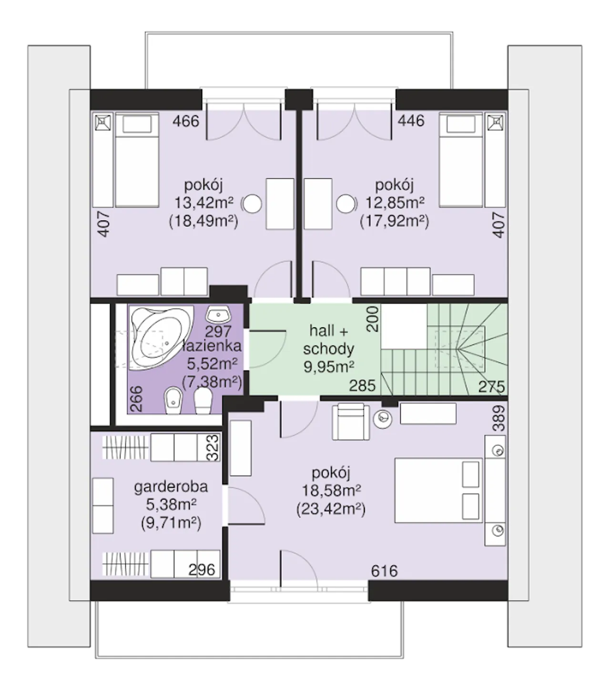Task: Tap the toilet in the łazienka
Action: (203, 401)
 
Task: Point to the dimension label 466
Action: (186, 121)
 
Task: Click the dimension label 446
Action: (411, 121)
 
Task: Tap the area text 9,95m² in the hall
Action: (329, 367)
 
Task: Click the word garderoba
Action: (171, 487)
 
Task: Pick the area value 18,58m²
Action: (331, 491)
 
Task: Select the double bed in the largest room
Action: (439, 490)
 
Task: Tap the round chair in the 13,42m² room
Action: (253, 204)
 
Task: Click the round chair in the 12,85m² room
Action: (346, 204)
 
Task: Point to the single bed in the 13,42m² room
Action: (137, 160)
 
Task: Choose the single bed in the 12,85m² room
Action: (461, 160)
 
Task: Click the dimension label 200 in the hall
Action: (373, 319)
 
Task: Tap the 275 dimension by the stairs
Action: (491, 387)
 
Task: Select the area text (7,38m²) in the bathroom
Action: (212, 382)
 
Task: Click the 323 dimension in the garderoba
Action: (213, 447)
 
